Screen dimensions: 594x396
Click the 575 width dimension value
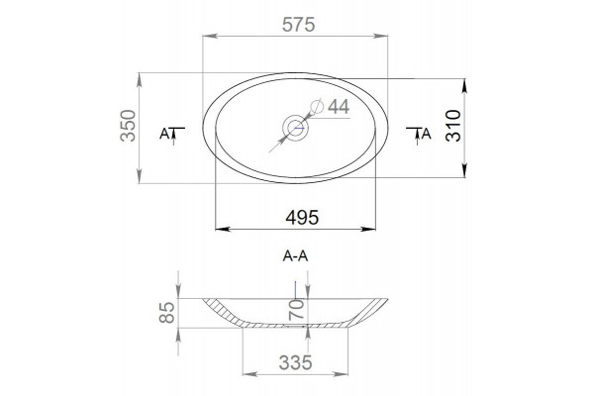(299, 25)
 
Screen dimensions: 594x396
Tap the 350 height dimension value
(128, 126)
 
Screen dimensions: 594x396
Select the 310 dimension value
(453, 126)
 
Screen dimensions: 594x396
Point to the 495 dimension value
(302, 218)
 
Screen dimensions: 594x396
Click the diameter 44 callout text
(339, 107)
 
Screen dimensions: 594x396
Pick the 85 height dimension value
(167, 312)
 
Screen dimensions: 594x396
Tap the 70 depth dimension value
(297, 309)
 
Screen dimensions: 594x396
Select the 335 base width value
(295, 363)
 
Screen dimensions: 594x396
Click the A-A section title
(295, 256)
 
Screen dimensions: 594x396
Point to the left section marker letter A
(164, 134)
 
